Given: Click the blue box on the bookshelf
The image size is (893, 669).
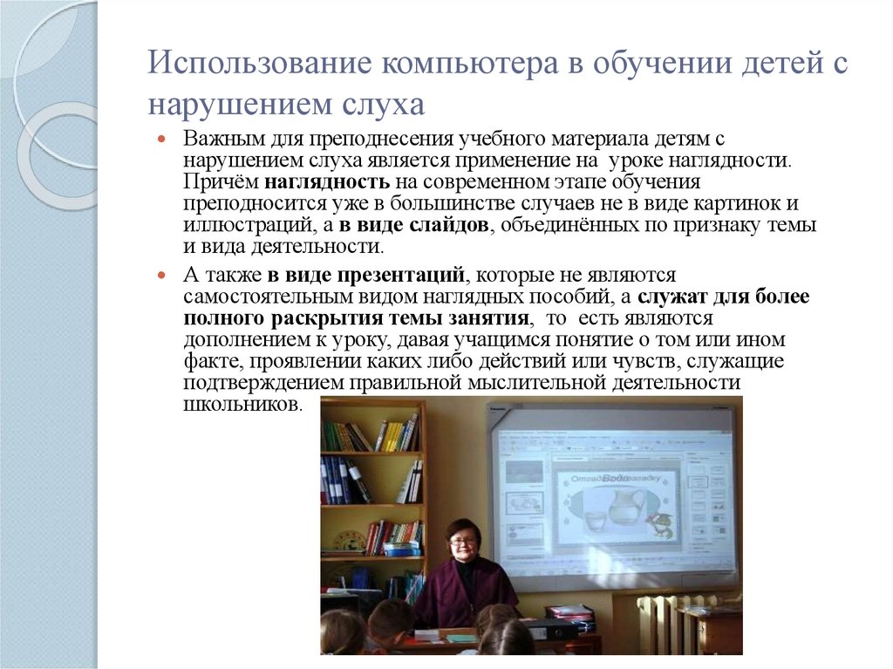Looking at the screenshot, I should pyautogui.click(x=400, y=549).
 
